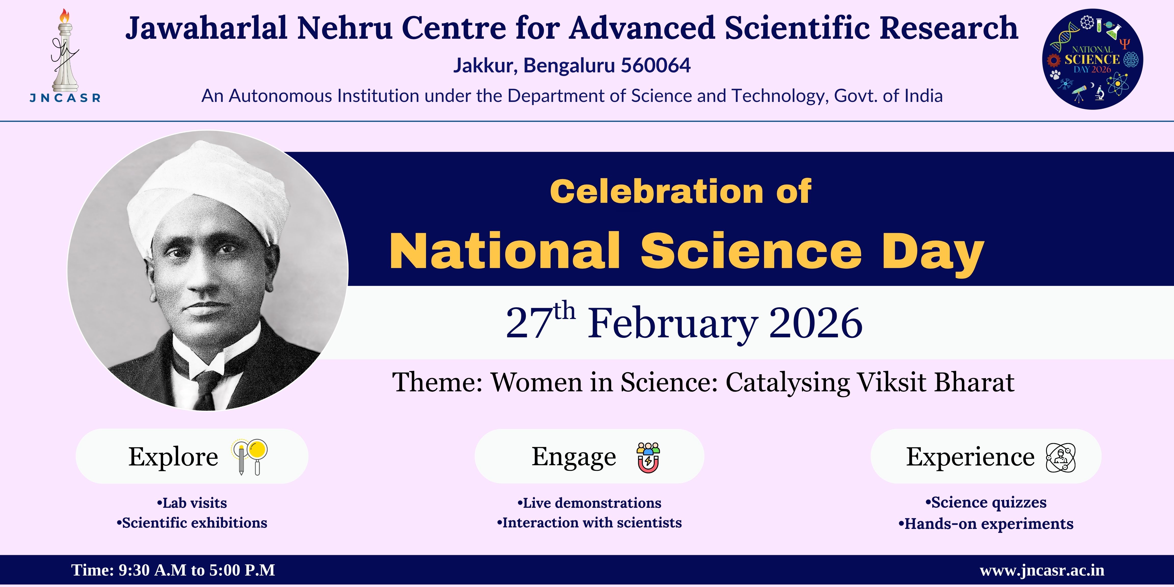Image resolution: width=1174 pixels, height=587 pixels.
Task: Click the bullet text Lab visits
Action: point(192,503)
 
